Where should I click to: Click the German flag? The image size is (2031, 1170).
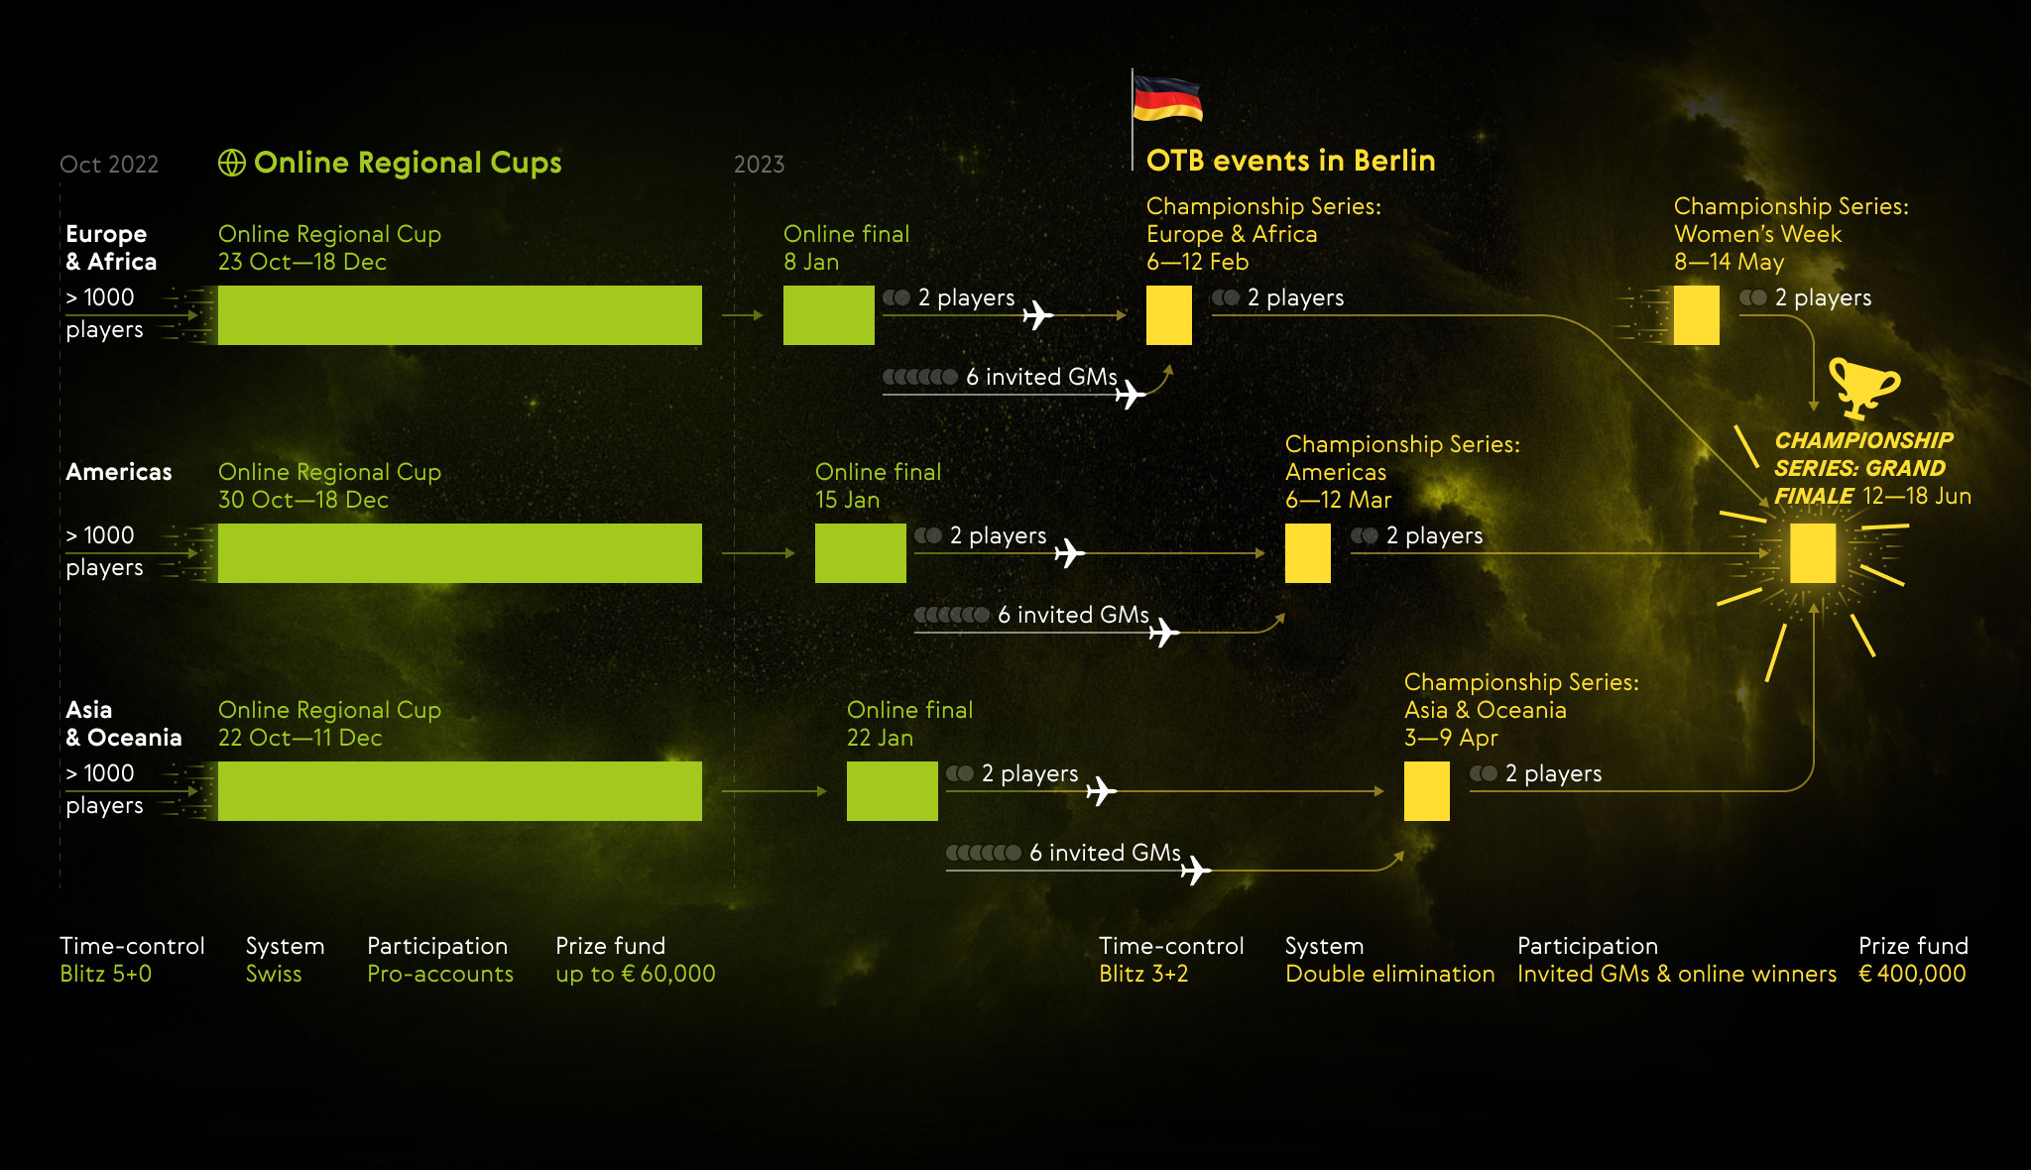tap(1166, 98)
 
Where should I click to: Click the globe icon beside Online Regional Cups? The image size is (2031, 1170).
tap(232, 163)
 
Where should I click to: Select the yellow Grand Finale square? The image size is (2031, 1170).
tap(1813, 553)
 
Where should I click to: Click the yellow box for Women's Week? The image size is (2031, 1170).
tap(1696, 315)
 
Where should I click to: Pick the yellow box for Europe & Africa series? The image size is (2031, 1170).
tap(1168, 315)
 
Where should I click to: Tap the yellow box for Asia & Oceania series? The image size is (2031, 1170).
tap(1426, 791)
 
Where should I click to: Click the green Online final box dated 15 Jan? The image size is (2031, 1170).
tap(860, 553)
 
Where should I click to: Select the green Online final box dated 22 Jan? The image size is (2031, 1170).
tap(892, 791)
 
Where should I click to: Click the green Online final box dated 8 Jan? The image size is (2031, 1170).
tap(828, 315)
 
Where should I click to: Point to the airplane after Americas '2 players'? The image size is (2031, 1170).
tap(1069, 552)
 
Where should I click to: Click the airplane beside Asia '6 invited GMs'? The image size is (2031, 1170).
tap(1196, 870)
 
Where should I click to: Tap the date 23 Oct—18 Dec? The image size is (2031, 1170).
tap(302, 262)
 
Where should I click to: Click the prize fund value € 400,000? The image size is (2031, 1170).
tap(1912, 974)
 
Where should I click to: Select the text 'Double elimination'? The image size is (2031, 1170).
tap(1389, 974)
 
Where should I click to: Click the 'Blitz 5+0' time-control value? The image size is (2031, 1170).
tap(106, 974)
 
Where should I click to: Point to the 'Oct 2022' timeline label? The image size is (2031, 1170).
tap(109, 165)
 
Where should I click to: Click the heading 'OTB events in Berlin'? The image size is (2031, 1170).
tap(1290, 161)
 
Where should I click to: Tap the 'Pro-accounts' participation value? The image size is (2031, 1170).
tap(440, 974)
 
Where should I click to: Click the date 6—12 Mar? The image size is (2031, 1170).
tap(1338, 500)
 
